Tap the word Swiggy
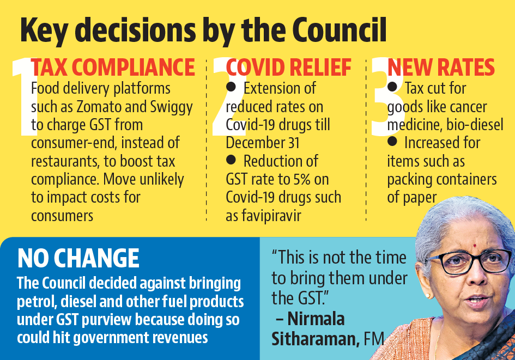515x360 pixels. click(170, 107)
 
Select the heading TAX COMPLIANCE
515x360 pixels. click(113, 68)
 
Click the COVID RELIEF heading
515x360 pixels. click(289, 68)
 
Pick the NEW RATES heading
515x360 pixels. click(441, 68)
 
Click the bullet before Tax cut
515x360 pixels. click(392, 87)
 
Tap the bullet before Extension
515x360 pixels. click(231, 87)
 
